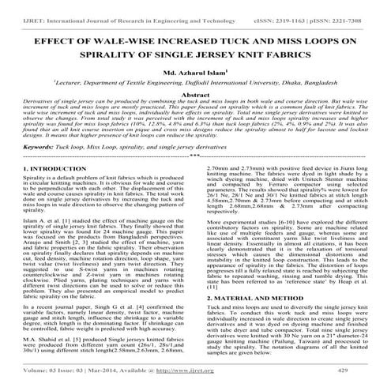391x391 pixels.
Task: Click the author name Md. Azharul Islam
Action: coord(195,74)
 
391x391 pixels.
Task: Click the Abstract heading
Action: coord(195,95)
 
